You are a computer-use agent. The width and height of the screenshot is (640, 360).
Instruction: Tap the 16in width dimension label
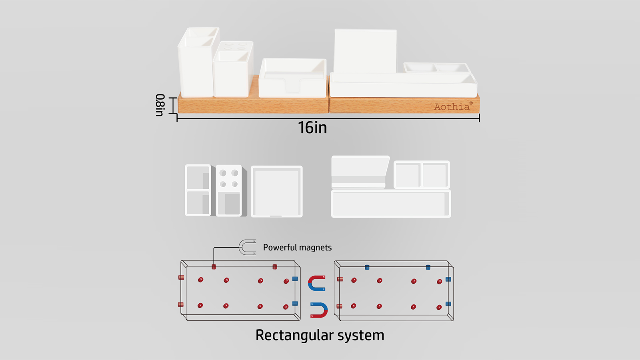[x=312, y=128]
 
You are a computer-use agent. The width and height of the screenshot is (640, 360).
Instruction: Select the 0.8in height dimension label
[x=160, y=105]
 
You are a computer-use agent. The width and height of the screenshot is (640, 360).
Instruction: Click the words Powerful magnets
[x=297, y=248]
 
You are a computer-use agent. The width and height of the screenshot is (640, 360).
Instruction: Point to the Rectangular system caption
[x=320, y=335]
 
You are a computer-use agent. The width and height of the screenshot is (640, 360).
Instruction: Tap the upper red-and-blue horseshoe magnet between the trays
[x=317, y=283]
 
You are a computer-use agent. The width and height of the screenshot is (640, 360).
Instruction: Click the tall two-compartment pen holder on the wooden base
[x=196, y=64]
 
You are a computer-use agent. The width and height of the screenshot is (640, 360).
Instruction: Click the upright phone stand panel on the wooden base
[x=365, y=51]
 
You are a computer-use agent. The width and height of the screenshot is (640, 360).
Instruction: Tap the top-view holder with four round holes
[x=229, y=190]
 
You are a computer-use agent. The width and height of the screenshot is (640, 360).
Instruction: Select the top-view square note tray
[x=276, y=192]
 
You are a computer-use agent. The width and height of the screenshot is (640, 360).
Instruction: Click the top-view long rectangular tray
[x=391, y=204]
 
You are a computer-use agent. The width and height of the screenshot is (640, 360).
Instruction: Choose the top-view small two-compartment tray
[x=422, y=175]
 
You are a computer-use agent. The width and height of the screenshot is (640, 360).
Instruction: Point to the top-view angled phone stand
[x=360, y=172]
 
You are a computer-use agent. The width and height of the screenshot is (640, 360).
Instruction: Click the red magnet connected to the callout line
[x=214, y=267]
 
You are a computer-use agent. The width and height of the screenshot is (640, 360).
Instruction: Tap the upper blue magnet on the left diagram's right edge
[x=295, y=279]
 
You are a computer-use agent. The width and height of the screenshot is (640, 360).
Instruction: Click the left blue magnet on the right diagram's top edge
[x=367, y=267]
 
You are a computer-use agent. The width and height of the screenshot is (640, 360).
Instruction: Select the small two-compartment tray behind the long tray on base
[x=436, y=67]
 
